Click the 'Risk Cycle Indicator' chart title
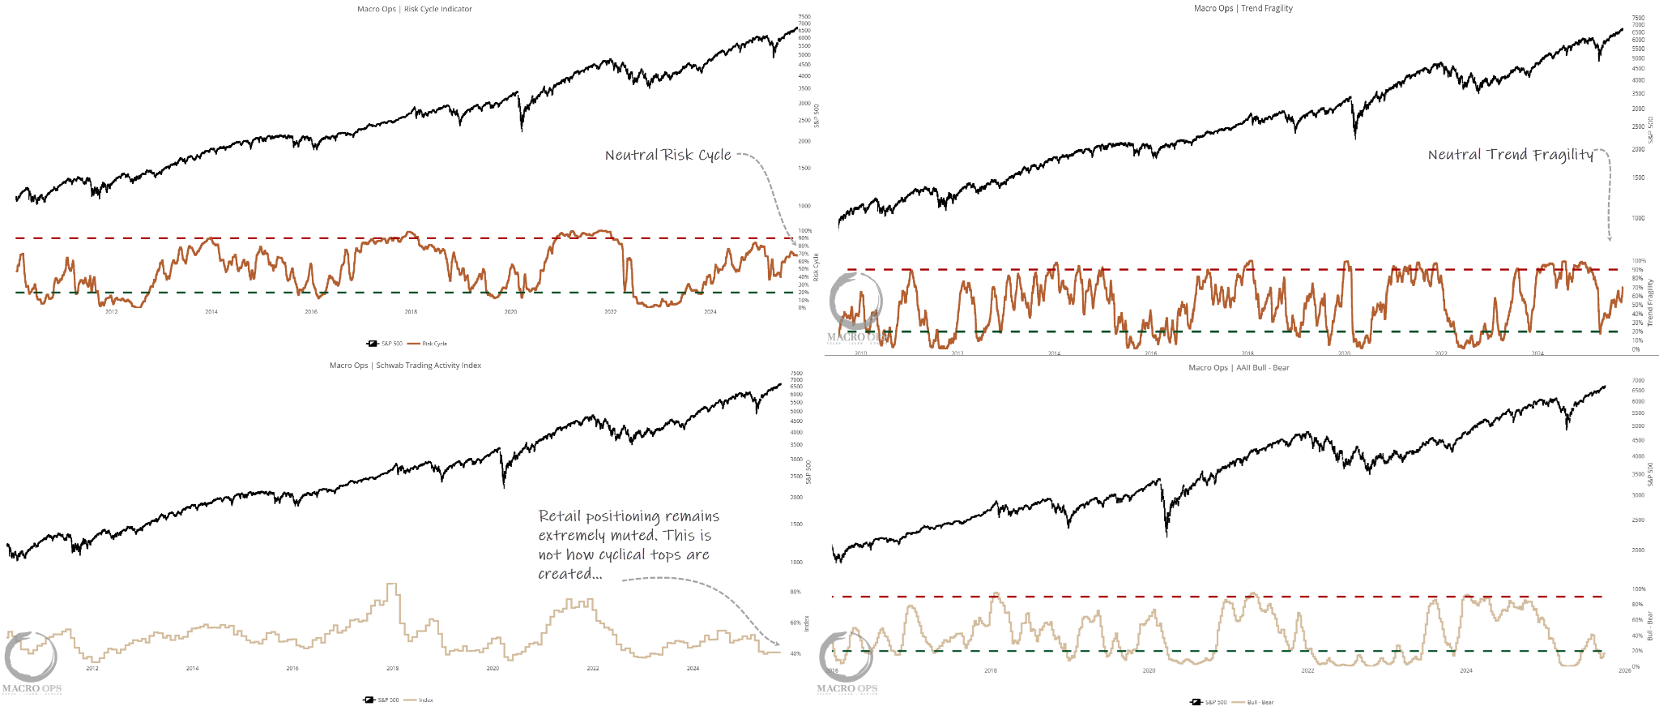(x=437, y=9)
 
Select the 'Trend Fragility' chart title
(x=1267, y=8)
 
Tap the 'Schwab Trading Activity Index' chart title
(x=428, y=366)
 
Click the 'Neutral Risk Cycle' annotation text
(x=667, y=155)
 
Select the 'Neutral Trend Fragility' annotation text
(x=1510, y=155)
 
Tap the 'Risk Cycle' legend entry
(x=434, y=344)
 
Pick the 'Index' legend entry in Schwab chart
(x=426, y=700)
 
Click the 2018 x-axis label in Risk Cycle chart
(x=411, y=311)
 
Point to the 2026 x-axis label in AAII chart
(x=1624, y=670)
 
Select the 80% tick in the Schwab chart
(x=795, y=593)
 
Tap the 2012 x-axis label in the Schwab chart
(x=92, y=669)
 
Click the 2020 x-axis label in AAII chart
(x=1149, y=670)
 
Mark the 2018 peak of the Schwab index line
(x=393, y=584)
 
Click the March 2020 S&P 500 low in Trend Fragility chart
(x=1355, y=138)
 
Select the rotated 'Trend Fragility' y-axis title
(x=1650, y=303)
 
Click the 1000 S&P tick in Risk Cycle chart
(x=804, y=206)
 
